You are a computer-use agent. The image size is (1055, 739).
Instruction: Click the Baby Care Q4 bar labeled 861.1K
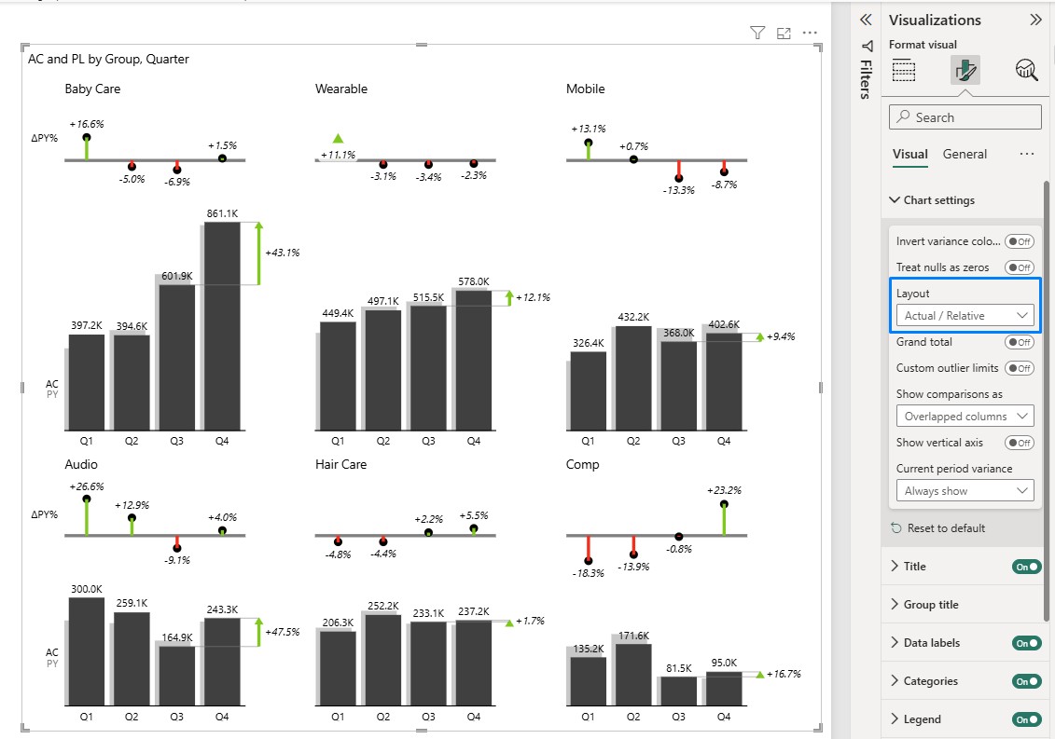coord(222,326)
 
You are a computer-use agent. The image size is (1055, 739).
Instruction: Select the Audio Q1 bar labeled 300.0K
coord(87,651)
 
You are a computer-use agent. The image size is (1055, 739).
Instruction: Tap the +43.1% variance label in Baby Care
coord(282,253)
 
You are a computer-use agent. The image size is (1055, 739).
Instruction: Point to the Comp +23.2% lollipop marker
coord(724,503)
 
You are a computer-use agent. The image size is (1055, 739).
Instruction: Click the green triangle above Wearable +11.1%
coord(338,139)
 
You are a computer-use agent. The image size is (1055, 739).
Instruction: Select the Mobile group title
coord(586,89)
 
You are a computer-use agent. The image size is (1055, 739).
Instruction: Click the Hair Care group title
coord(341,465)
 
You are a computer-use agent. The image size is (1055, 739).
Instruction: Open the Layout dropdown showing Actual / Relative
coord(965,315)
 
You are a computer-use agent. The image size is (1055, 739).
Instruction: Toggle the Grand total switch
coord(1019,342)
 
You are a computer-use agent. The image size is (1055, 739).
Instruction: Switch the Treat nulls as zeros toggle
coord(1019,267)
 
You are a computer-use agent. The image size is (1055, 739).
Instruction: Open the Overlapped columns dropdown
coord(965,417)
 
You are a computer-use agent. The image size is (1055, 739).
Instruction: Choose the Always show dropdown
coord(965,491)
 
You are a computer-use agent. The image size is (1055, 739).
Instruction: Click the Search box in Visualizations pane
coord(965,117)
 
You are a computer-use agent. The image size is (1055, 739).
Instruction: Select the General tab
coord(965,154)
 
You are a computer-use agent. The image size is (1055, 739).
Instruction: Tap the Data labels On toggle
coord(1026,643)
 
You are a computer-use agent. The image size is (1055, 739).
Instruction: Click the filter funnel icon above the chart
coord(757,33)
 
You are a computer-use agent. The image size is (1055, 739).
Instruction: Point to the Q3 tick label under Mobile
coord(678,441)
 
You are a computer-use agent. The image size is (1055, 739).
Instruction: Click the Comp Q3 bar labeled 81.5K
coord(679,691)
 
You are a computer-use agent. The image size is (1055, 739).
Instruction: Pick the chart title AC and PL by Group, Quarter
coord(108,59)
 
